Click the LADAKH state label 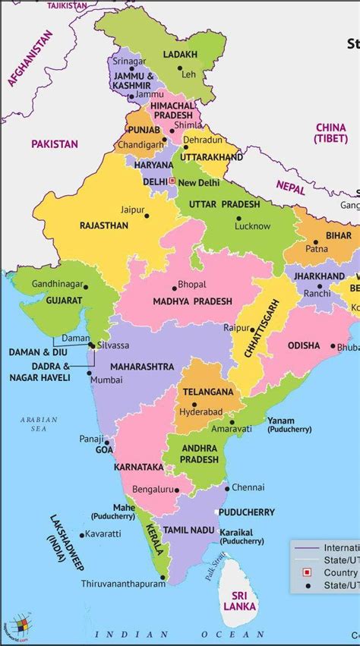(x=181, y=55)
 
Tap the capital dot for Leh (x=180, y=68)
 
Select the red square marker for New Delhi (x=172, y=181)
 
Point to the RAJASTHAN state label (x=103, y=225)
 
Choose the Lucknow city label (x=252, y=226)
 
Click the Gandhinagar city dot (x=86, y=287)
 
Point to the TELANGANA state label (x=207, y=392)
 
